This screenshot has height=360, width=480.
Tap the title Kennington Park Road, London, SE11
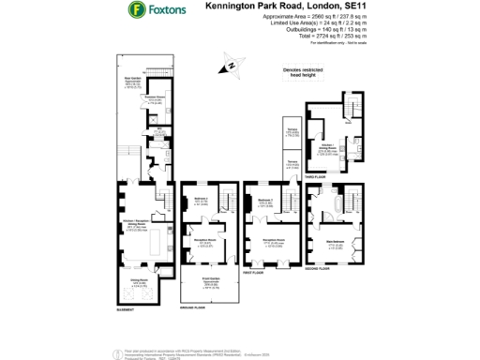[x=284, y=7]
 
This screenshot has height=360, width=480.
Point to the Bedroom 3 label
[x=200, y=199]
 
